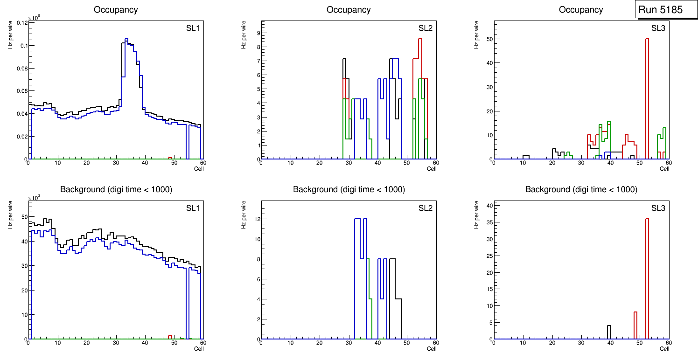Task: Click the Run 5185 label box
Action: click(x=663, y=10)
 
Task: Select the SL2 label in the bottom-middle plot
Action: click(x=426, y=208)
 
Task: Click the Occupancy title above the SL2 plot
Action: click(x=349, y=10)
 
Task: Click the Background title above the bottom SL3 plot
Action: click(x=581, y=190)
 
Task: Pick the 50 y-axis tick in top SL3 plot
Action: click(x=489, y=39)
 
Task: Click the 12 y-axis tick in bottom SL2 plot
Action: click(x=256, y=219)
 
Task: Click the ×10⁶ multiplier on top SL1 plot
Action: click(x=34, y=18)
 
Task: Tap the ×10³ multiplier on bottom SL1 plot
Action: click(x=34, y=198)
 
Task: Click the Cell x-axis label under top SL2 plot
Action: click(x=432, y=169)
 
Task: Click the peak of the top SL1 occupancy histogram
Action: click(x=126, y=39)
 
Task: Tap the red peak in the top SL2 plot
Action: click(x=420, y=39)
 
